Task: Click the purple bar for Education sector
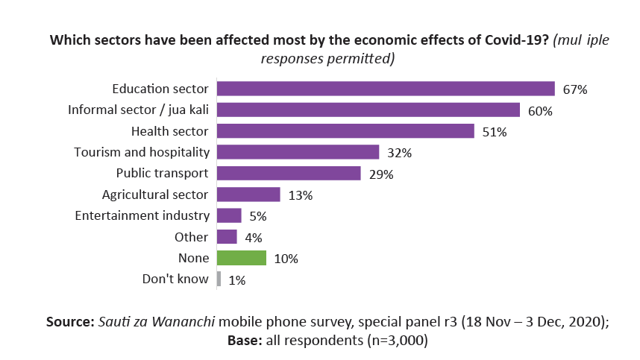tap(386, 89)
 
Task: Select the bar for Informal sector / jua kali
tap(368, 110)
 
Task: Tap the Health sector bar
tap(345, 131)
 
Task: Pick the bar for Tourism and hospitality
tap(298, 152)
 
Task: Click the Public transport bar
tap(289, 174)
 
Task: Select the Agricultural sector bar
tap(248, 195)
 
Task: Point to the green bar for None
tap(242, 258)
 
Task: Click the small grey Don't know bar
tap(219, 280)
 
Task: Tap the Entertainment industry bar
tap(229, 215)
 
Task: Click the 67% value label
tap(575, 89)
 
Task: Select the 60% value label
tap(539, 111)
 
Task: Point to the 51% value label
tap(495, 132)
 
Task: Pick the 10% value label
tap(286, 259)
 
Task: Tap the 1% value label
tap(236, 280)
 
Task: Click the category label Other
tap(192, 237)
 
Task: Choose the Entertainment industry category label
tap(142, 215)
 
